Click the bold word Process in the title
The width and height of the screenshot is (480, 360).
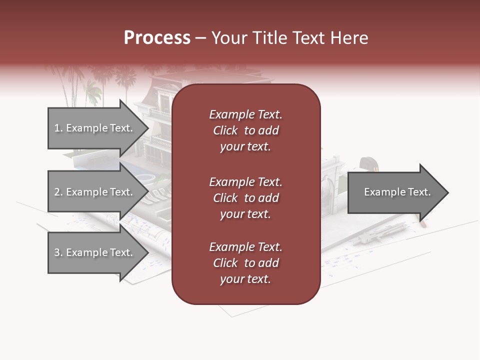coord(157,38)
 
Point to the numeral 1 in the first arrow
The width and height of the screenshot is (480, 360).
coord(57,128)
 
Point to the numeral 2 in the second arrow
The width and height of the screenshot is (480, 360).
coord(57,192)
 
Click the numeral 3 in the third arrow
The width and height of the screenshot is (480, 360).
coord(57,253)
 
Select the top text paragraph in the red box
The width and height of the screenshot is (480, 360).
coord(245,130)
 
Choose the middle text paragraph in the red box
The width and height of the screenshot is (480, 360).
coord(245,198)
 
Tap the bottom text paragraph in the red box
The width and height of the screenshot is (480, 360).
coord(245,263)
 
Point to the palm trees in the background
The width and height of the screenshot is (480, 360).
coord(92,82)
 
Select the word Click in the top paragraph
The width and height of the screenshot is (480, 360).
coord(225,130)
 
